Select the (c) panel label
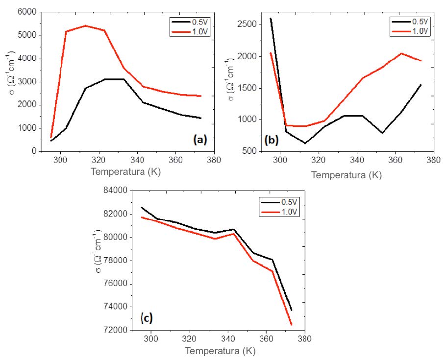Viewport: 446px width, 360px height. point(147,318)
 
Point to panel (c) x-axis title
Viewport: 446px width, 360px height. point(219,351)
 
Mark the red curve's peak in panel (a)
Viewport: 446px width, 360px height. point(86,25)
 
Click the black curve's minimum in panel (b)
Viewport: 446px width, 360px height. point(305,143)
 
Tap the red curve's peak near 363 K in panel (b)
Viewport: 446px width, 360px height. point(401,53)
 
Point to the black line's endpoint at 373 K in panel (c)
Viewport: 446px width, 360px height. point(291,310)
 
